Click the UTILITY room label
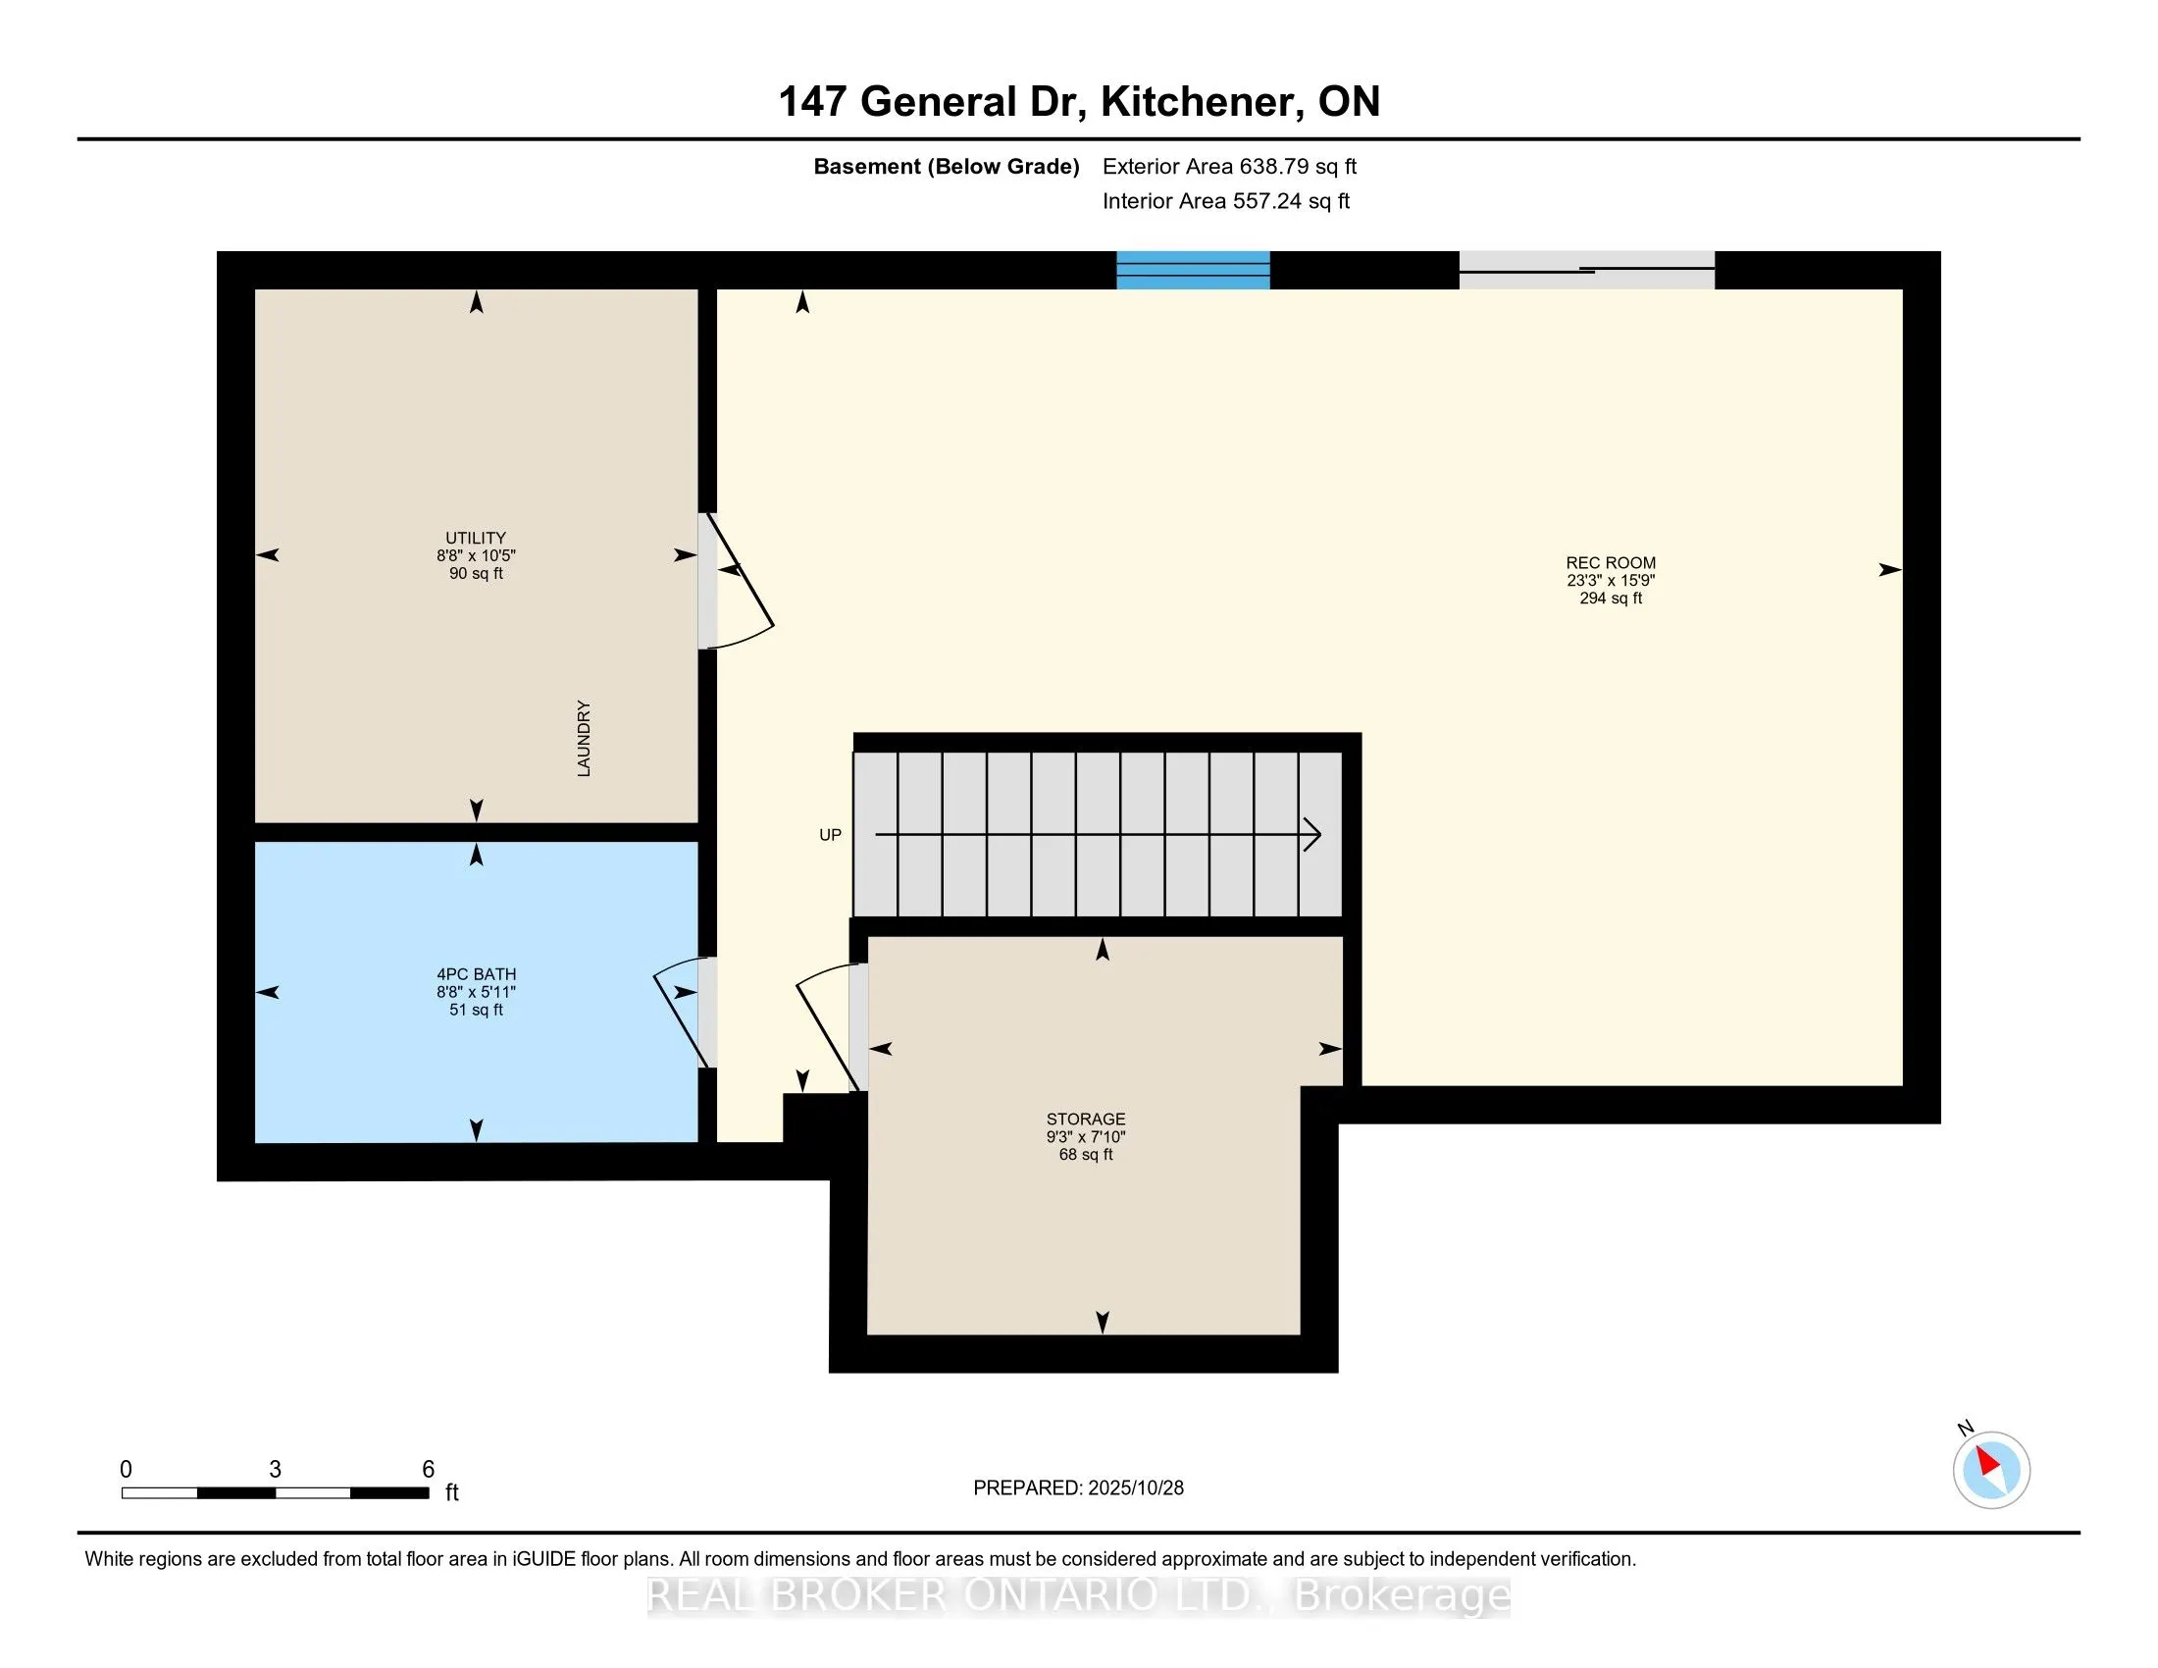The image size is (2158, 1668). (x=476, y=539)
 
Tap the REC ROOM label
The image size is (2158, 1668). (x=1611, y=563)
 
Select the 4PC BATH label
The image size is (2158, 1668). (x=477, y=974)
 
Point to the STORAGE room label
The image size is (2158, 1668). (x=1086, y=1120)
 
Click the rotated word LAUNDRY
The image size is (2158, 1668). (x=584, y=738)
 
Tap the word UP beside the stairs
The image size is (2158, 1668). (x=830, y=835)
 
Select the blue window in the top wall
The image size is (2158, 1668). (x=1193, y=270)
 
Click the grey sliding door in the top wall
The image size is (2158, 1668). (x=1587, y=270)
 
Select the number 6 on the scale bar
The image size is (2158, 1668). (x=428, y=1470)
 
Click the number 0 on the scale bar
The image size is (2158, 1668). (x=126, y=1470)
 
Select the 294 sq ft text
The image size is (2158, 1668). (x=1611, y=599)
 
